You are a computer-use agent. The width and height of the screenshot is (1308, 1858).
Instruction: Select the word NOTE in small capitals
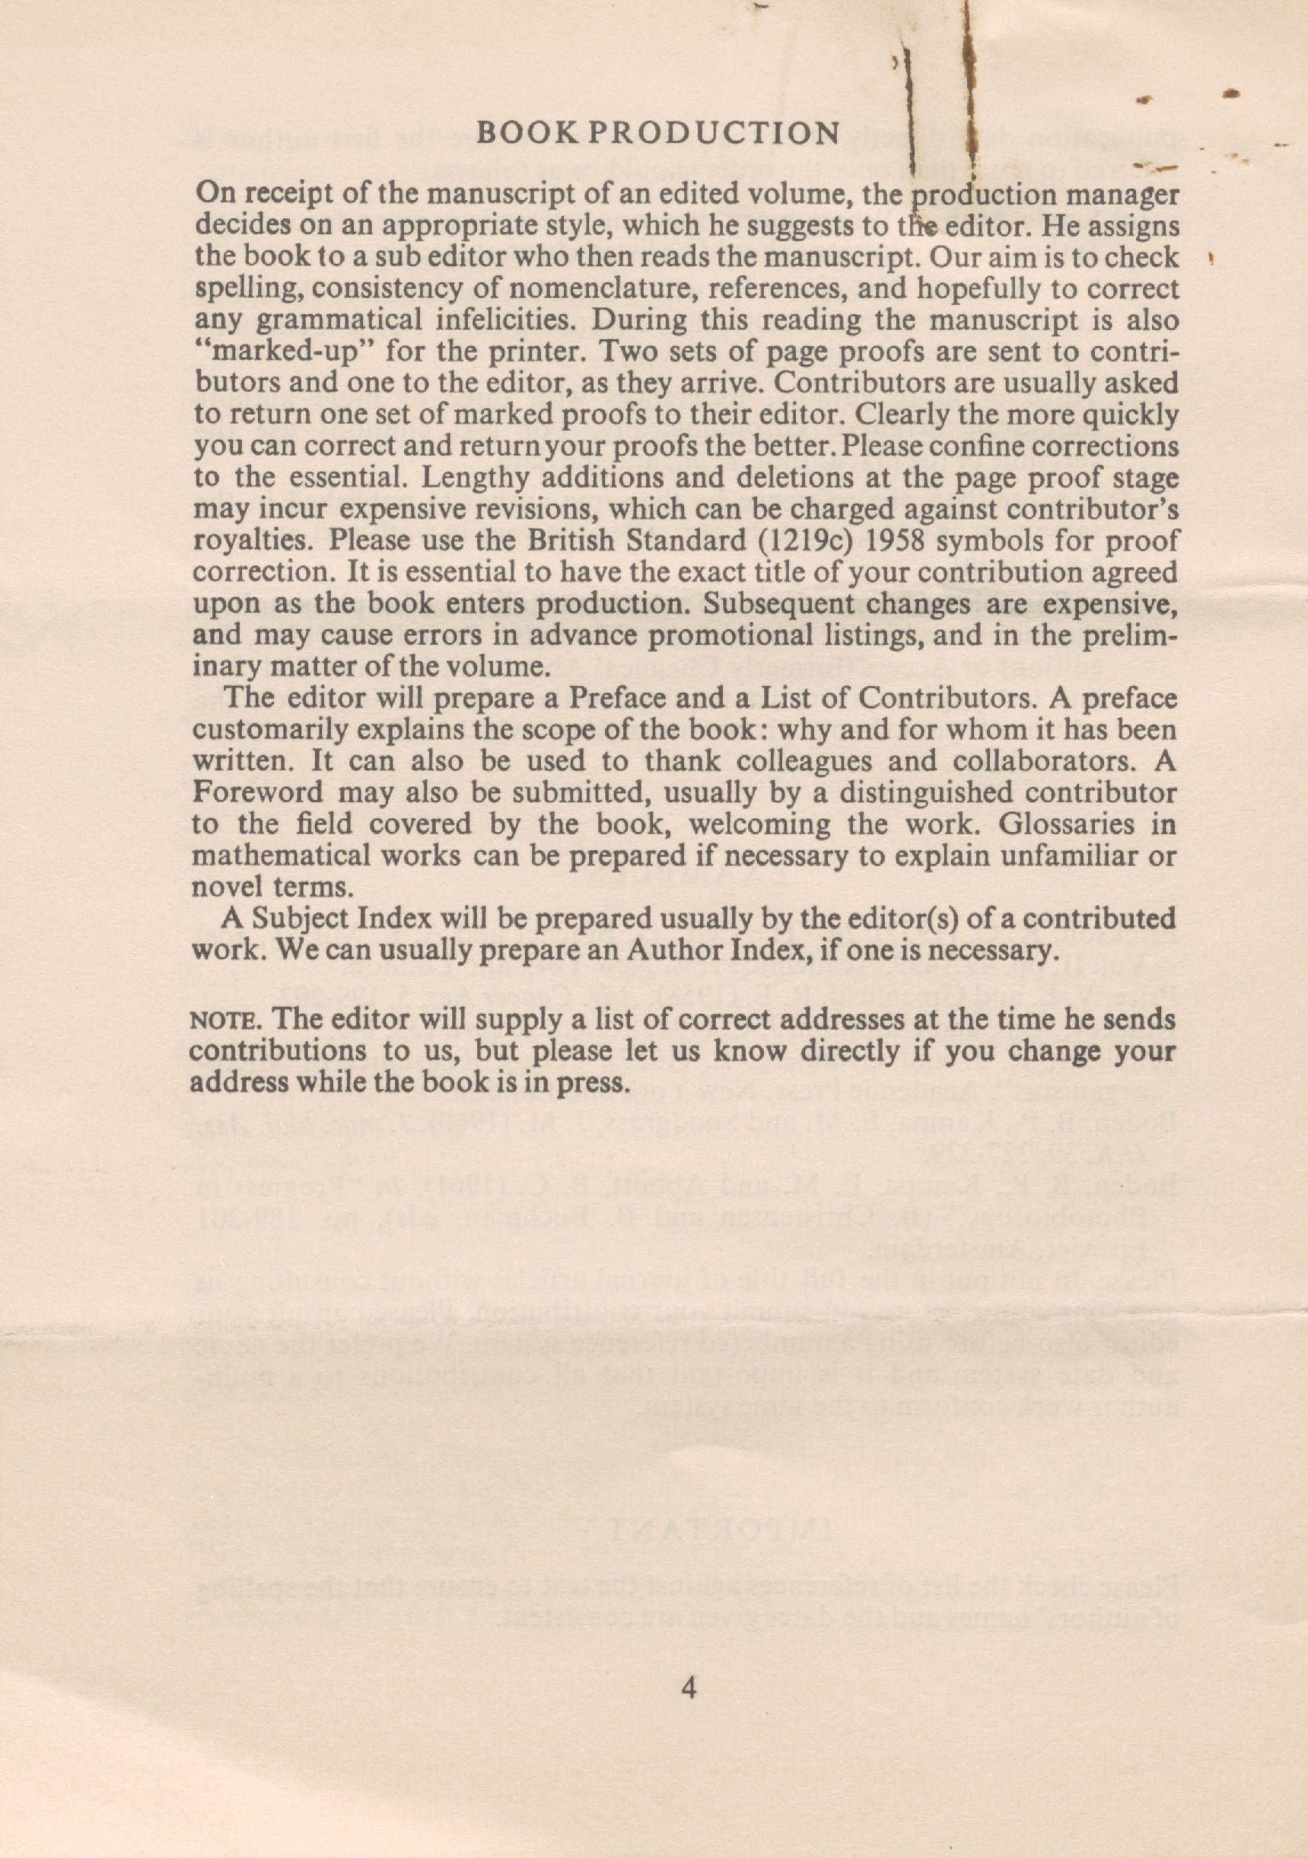click(214, 1021)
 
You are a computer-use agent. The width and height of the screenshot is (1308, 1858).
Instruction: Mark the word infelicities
click(506, 320)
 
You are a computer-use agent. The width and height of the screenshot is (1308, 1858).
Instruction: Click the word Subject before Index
click(301, 919)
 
